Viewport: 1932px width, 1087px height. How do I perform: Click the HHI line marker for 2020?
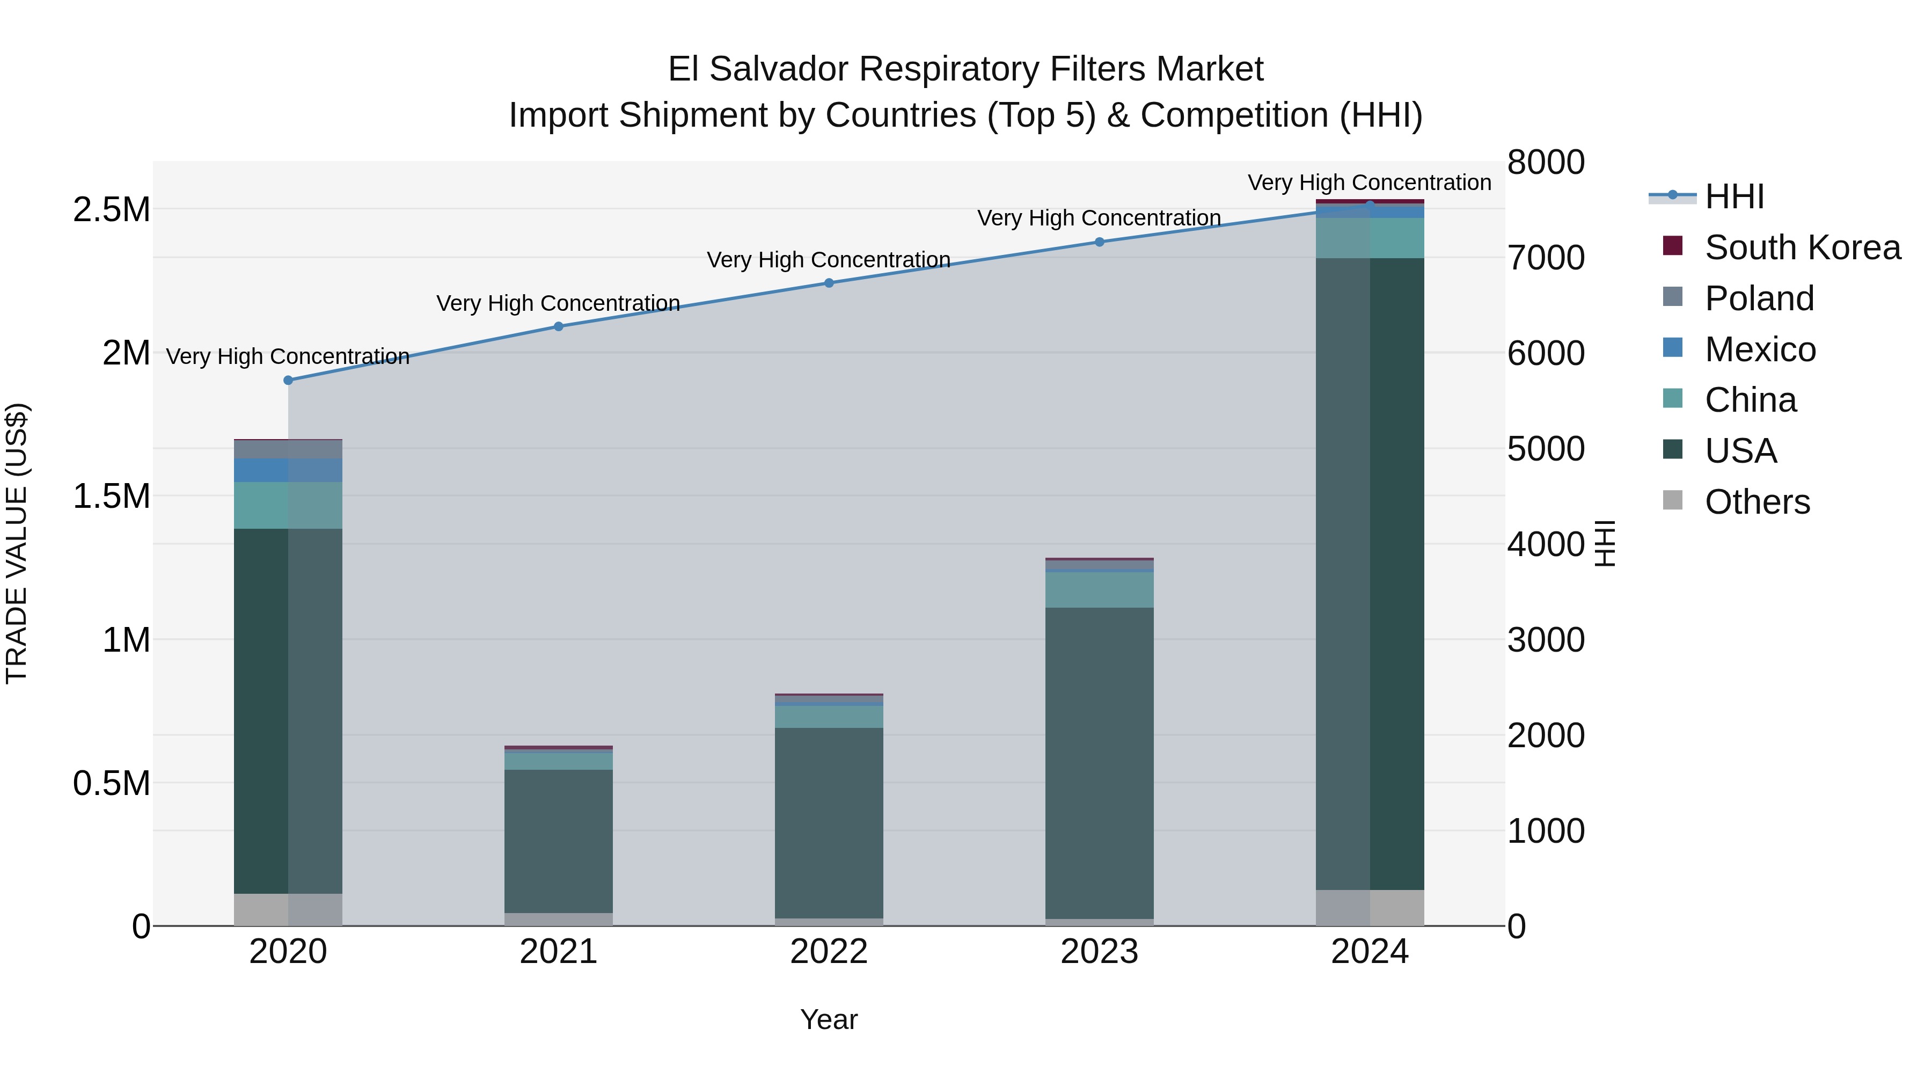tap(288, 381)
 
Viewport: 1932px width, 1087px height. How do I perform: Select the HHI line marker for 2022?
tap(829, 283)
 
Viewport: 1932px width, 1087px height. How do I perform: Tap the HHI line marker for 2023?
tap(1100, 242)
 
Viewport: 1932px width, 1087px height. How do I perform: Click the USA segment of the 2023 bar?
tap(1100, 761)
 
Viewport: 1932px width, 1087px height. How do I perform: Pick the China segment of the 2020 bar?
tap(288, 506)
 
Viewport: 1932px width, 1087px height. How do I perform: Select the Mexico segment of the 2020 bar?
tap(288, 470)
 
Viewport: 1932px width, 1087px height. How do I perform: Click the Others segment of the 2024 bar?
tap(1370, 908)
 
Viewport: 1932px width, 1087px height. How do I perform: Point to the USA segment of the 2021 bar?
tap(559, 840)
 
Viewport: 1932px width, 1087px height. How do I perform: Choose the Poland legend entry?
tap(1759, 298)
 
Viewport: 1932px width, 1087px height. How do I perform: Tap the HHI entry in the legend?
tap(1734, 196)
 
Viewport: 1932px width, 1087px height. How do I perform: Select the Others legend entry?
tap(1757, 502)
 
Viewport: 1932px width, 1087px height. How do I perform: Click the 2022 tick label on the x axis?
tap(829, 952)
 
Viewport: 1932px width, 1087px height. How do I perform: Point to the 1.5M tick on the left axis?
tap(112, 497)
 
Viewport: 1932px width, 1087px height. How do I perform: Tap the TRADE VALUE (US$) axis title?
tap(17, 543)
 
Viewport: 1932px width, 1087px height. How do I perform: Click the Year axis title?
tap(829, 1019)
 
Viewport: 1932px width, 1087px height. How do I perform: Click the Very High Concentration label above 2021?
tap(559, 303)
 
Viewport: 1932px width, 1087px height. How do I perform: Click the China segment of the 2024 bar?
tap(1370, 238)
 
